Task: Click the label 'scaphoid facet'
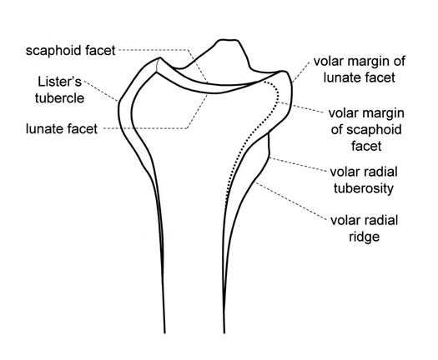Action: tap(70, 51)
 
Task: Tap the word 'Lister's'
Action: tap(59, 82)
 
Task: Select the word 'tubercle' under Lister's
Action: tap(59, 98)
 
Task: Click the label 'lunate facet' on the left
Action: tap(62, 129)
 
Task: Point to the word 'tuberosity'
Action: tap(364, 188)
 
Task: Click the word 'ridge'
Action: tap(365, 237)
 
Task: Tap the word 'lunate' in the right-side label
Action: tap(341, 77)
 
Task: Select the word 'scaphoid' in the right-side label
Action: tap(375, 130)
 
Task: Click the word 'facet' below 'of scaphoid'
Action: tap(366, 146)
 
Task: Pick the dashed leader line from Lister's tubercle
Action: tap(101, 91)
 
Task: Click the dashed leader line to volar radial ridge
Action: tap(290, 200)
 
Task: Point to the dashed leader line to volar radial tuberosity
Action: tap(297, 164)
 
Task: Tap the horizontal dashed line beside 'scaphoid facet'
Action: tap(153, 50)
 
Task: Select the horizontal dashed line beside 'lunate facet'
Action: tap(145, 128)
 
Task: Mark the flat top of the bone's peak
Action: tap(228, 40)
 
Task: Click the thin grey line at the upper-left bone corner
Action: tap(158, 65)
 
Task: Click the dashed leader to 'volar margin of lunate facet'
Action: tap(300, 72)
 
